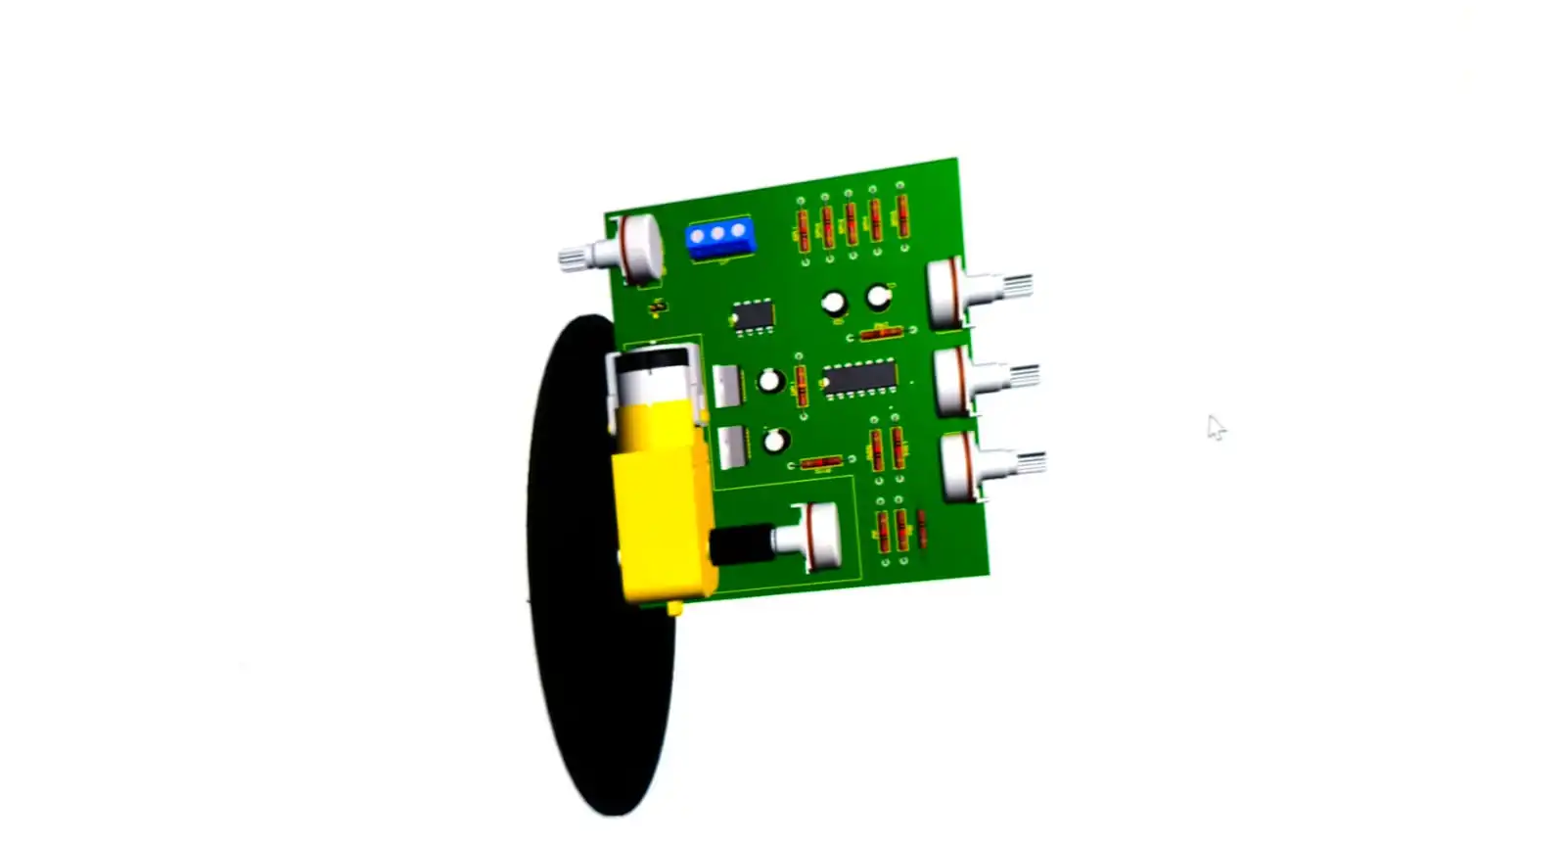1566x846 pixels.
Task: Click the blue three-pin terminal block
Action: point(719,239)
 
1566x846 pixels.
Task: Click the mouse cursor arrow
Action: point(1215,427)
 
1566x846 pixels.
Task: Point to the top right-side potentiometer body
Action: point(946,293)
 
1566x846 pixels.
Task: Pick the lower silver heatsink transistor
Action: point(730,447)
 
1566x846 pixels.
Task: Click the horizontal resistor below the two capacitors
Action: point(880,333)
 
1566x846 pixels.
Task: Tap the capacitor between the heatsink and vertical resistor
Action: point(771,381)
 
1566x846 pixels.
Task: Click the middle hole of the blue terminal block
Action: point(718,234)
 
